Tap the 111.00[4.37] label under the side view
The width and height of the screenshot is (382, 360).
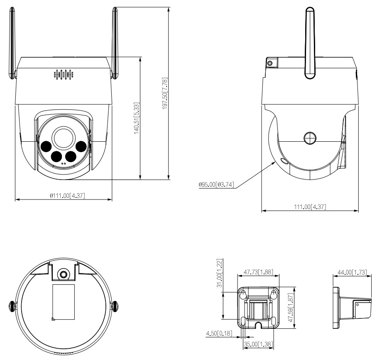tap(309, 207)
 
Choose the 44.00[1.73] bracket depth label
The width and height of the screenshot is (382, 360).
tap(352, 272)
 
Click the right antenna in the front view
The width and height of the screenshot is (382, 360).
tap(115, 42)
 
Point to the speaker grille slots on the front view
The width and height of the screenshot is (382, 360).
tap(64, 75)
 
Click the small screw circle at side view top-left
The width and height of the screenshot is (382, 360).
tap(270, 63)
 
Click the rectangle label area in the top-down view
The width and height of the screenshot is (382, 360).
tap(63, 303)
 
